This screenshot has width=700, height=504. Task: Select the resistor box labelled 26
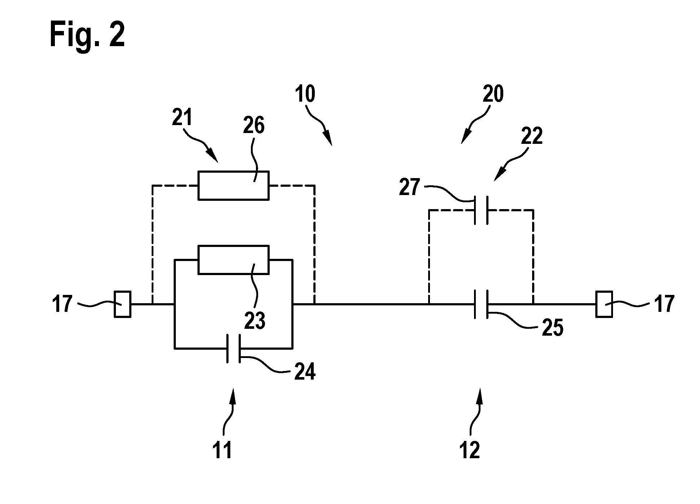click(x=234, y=185)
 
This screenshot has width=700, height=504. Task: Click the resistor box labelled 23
click(x=234, y=260)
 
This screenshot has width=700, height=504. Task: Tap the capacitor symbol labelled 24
click(x=234, y=349)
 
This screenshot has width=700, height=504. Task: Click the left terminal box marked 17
click(x=123, y=304)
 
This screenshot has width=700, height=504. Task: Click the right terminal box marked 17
click(x=604, y=304)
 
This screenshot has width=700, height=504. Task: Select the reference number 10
click(x=305, y=94)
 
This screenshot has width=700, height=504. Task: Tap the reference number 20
click(x=492, y=94)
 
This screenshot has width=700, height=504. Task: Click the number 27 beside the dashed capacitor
click(x=410, y=188)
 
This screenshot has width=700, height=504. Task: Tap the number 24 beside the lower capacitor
click(x=305, y=371)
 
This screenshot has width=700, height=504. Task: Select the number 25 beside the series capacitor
click(x=552, y=328)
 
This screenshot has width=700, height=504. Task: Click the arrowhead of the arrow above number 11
click(x=233, y=393)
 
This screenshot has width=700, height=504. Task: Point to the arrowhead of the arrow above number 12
click(x=481, y=393)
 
